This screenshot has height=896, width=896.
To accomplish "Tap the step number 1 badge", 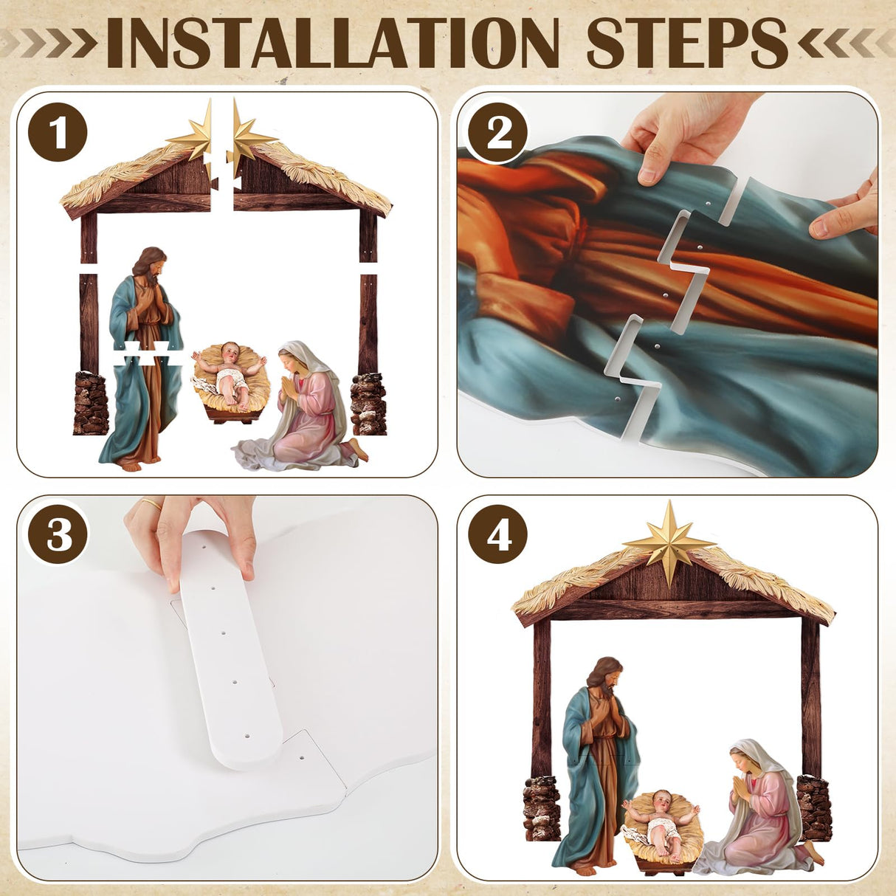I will (x=58, y=134).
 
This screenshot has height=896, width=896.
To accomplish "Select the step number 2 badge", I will (x=499, y=134).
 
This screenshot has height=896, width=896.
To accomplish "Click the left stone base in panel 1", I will (x=91, y=403).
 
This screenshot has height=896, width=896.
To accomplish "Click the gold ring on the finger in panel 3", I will (x=151, y=506).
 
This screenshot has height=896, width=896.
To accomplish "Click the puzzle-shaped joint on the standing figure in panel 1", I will (x=148, y=354).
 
